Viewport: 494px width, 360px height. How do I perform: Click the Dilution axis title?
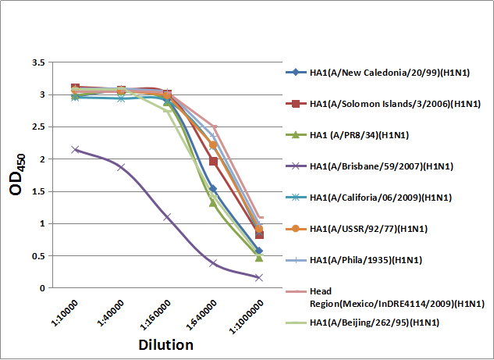(165, 344)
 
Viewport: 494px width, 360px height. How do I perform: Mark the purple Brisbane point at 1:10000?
(75, 149)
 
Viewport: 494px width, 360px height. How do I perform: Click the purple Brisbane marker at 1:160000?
(167, 216)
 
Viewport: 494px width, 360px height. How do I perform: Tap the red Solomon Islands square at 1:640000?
(213, 161)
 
